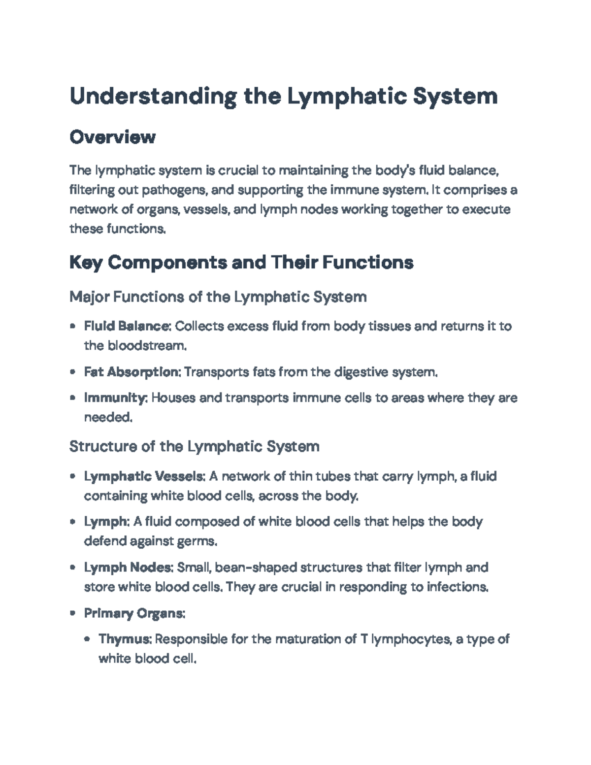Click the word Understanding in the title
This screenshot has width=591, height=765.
[x=153, y=96]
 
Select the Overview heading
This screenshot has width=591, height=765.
[x=112, y=137]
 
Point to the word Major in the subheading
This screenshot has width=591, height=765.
[x=90, y=297]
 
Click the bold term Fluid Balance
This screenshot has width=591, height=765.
[x=127, y=326]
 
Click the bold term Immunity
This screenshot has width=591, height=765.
[x=115, y=398]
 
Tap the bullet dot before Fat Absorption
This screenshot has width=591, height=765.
[x=73, y=372]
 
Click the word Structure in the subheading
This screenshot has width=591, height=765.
[x=102, y=447]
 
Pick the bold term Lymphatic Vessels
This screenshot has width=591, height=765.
[x=144, y=476]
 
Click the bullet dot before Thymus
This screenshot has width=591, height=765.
[x=88, y=639]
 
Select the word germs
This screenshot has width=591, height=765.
[x=200, y=541]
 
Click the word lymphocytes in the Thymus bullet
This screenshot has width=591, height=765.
[x=410, y=639]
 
